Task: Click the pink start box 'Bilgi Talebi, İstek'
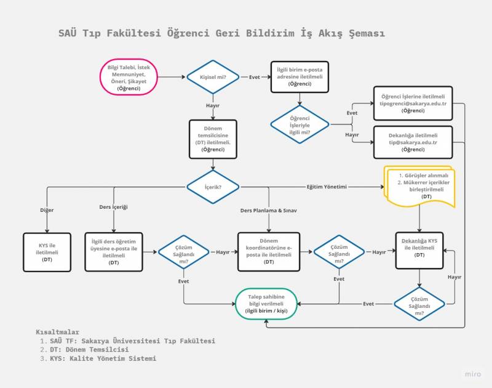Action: point(129,78)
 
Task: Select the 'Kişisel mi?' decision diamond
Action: point(213,78)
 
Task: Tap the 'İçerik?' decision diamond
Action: point(213,187)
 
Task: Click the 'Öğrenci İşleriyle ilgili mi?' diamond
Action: point(300,124)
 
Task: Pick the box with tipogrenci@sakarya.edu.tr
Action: point(413,103)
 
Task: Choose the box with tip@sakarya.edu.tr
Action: point(413,142)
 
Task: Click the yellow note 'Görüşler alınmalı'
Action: point(419,187)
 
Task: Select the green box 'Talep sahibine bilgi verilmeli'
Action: point(266,304)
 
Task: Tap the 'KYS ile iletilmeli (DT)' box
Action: point(47,252)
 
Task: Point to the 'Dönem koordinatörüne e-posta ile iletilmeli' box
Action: point(269,252)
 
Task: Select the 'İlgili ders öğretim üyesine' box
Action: point(114,252)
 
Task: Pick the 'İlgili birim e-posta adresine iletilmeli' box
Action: point(300,78)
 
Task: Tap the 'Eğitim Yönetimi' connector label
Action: point(327,187)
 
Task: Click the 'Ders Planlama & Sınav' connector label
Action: point(269,211)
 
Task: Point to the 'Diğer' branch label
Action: point(47,210)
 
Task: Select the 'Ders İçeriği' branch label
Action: point(114,207)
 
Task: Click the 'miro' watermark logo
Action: point(472,374)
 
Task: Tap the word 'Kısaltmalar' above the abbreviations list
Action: point(58,332)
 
